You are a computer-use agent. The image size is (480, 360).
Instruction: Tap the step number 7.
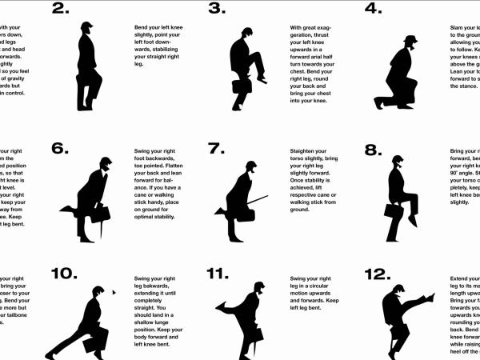point(217,148)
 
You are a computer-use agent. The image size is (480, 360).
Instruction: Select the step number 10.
point(63,274)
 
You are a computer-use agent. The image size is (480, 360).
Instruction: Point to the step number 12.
point(377,274)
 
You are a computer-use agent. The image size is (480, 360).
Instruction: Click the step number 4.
point(373,10)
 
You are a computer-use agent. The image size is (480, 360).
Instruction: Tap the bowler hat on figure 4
point(410,40)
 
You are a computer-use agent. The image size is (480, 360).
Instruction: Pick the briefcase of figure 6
point(101,213)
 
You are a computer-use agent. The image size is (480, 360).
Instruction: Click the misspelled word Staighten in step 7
point(306,150)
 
